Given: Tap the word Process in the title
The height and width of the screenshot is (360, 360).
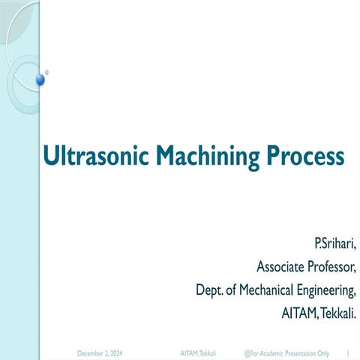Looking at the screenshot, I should [304, 157].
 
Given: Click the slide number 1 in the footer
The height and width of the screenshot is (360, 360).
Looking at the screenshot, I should [349, 351].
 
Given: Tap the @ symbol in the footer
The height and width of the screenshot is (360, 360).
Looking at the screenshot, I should [247, 351].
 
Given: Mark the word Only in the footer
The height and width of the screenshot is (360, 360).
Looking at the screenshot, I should [328, 351].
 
